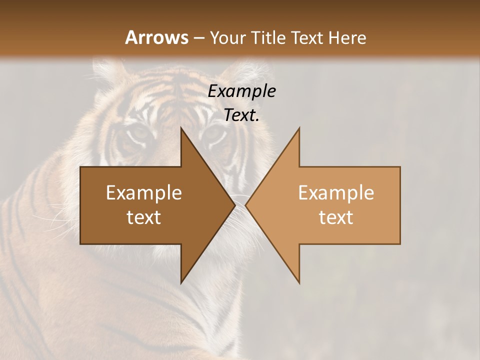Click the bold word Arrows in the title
coord(156,37)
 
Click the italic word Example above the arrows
coord(241,91)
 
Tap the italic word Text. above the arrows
coord(241,115)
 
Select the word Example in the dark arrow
coord(144,192)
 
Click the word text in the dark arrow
coord(144,217)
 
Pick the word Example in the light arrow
coord(336,192)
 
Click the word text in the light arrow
coord(336,217)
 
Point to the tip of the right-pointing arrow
coord(235,205)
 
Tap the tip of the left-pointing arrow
coord(245,205)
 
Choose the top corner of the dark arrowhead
coord(181,128)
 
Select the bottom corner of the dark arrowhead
coord(181,283)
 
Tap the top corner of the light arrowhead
coord(299,128)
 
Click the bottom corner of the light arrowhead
coord(299,283)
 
